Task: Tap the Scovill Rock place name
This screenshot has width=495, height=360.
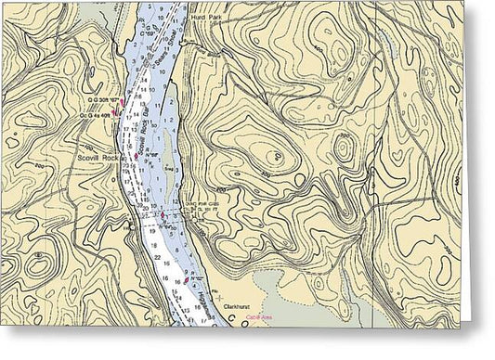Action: (x=98, y=157)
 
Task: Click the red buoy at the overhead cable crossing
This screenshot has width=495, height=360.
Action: (x=161, y=216)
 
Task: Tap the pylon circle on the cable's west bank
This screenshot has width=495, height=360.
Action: (x=126, y=225)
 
